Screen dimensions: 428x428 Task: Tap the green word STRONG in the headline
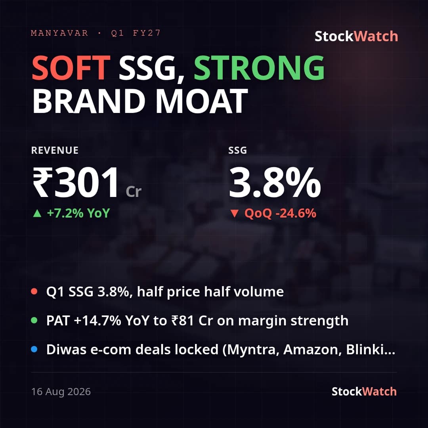[x=259, y=67]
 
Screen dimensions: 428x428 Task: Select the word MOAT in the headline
[x=202, y=101]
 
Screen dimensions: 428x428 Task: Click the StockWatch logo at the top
[x=356, y=36]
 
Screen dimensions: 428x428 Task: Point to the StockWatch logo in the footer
[x=364, y=392]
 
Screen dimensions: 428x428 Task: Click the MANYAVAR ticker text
[x=59, y=33]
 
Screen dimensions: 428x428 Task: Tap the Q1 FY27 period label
[x=136, y=33]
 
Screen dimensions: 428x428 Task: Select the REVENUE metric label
[x=55, y=151]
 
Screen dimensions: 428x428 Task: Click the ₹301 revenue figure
[x=76, y=182]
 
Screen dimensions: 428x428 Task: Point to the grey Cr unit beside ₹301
[x=134, y=192]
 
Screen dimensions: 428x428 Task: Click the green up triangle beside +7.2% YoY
[x=37, y=213]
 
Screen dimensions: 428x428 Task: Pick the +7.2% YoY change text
[x=78, y=213]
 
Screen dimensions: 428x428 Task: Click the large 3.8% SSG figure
[x=275, y=182]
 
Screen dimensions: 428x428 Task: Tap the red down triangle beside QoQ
[x=235, y=214]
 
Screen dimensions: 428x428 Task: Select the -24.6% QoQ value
[x=296, y=213]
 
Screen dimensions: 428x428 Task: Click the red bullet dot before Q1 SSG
[x=34, y=291]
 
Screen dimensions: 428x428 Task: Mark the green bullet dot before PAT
[x=34, y=320]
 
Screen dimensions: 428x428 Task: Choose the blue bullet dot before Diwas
[x=34, y=349]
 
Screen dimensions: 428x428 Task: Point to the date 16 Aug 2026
[x=61, y=392]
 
